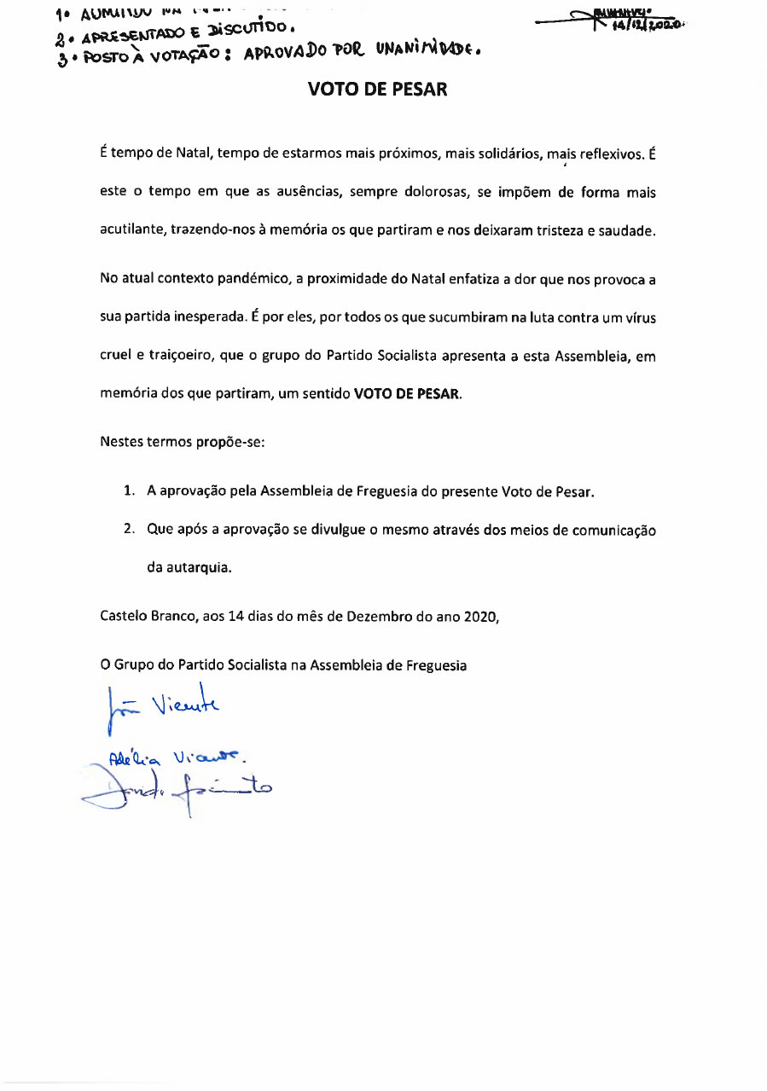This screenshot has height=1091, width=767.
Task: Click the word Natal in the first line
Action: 192,154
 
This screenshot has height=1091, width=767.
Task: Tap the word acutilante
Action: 131,230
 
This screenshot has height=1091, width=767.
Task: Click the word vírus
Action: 639,317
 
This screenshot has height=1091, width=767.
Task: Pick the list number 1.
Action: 129,492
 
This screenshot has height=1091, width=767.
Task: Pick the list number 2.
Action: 129,529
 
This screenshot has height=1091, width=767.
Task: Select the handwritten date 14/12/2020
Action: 650,25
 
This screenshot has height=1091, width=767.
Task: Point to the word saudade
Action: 627,230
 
